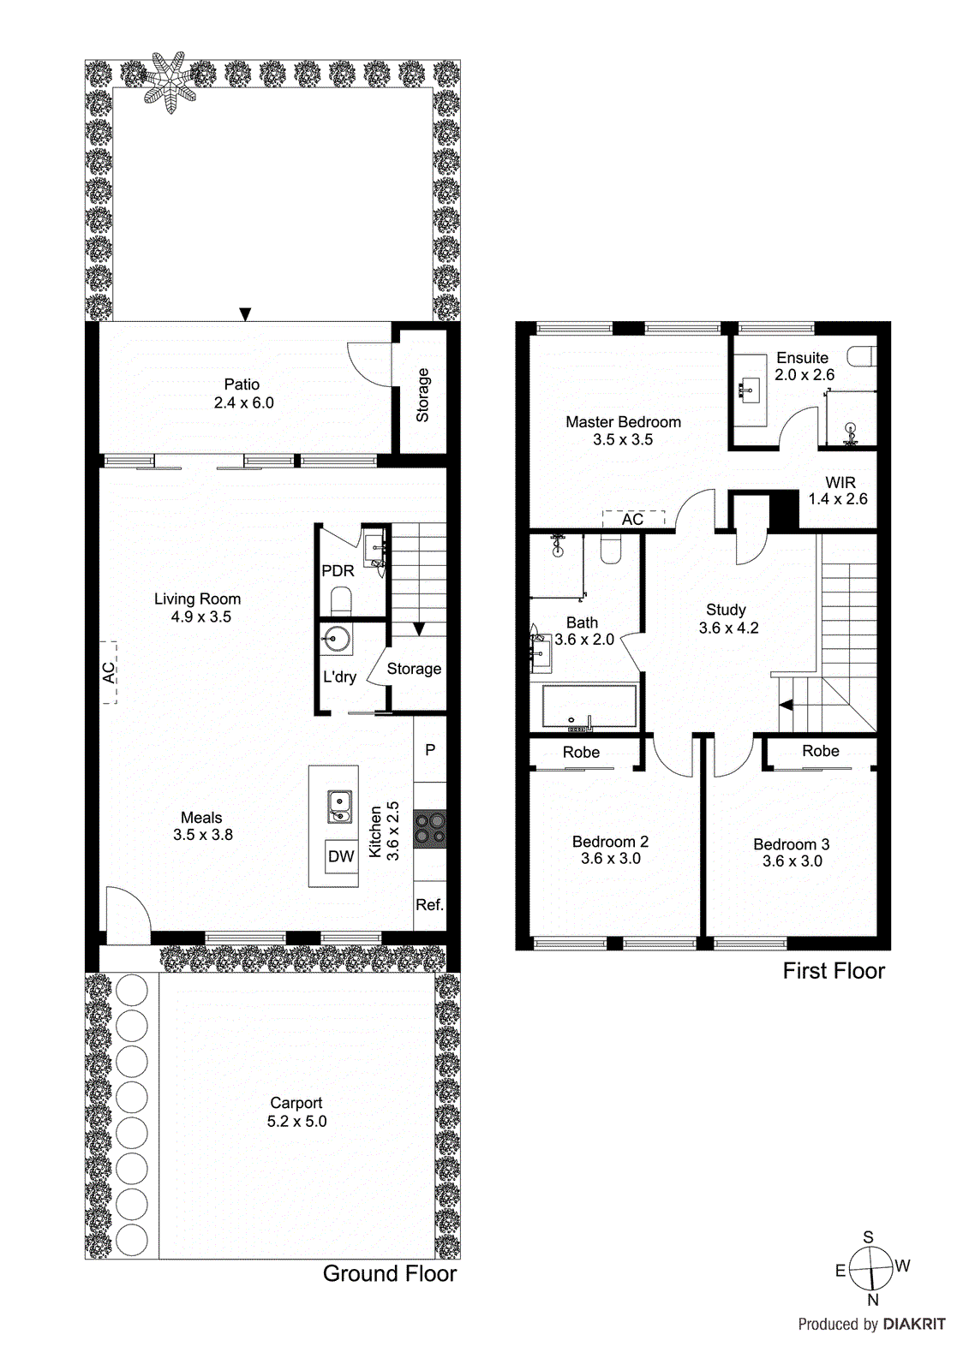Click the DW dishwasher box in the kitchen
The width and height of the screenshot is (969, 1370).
coord(341,856)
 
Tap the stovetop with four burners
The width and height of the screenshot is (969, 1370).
coord(430,828)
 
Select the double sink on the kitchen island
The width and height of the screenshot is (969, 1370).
coord(340,806)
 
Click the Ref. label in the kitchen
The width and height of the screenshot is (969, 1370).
coord(429,905)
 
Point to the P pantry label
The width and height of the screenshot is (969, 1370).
coord(430,749)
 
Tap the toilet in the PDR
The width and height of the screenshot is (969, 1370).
coord(341,600)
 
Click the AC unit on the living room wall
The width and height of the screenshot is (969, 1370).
coord(110,673)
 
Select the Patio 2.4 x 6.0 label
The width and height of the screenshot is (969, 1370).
coord(243,394)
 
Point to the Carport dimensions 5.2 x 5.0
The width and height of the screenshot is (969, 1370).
coord(296,1122)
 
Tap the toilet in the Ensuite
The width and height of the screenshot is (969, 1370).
coord(862,355)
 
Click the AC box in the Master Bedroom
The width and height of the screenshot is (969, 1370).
coord(633,519)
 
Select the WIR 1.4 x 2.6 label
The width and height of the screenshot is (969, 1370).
coord(839,491)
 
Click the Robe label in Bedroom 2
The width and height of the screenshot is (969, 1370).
coord(581,753)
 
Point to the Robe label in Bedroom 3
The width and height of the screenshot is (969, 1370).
coord(820,751)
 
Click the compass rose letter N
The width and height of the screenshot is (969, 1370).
coord(873,1300)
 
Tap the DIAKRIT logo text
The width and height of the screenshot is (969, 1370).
coord(914,1325)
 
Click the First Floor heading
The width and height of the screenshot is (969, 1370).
coord(833,971)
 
